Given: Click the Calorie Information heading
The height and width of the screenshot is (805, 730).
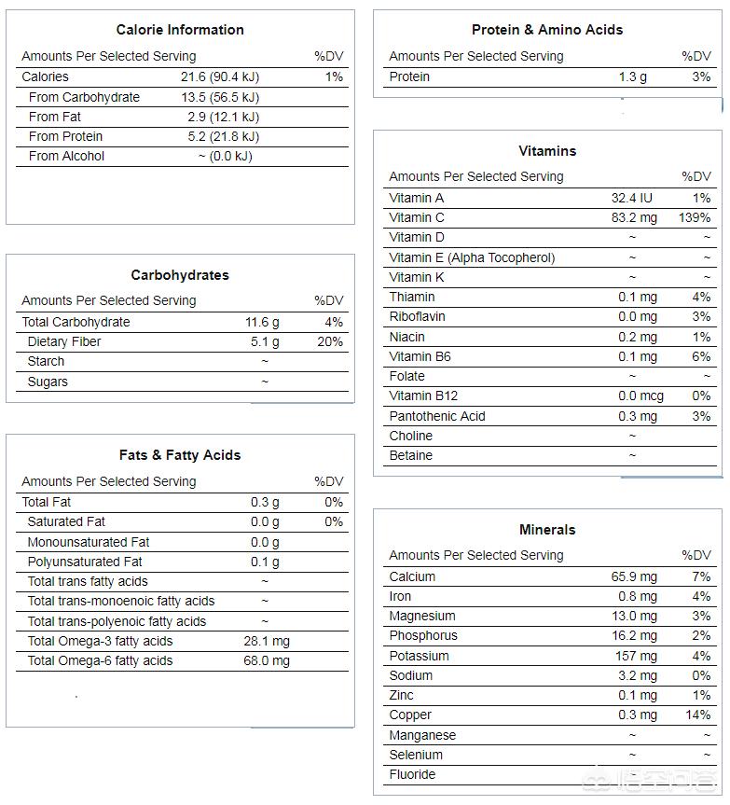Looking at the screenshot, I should coord(180,30).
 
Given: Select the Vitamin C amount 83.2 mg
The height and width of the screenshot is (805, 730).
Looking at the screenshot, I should coord(634,217).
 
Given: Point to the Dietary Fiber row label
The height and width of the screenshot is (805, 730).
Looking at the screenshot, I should coord(64,341).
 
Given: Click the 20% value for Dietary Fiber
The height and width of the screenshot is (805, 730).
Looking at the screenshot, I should coord(330,341).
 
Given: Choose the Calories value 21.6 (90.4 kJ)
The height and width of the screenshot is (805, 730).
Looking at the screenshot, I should coord(220,76).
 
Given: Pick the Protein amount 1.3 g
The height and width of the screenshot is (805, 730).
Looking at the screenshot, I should coord(632,76).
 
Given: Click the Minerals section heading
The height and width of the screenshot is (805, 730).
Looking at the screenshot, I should coord(547,530).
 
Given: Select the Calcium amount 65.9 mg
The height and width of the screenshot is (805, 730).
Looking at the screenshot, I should coord(634,576).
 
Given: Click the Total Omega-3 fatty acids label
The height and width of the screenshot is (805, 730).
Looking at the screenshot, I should coord(100,641).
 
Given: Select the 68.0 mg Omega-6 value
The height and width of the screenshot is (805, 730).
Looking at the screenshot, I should coord(267,660).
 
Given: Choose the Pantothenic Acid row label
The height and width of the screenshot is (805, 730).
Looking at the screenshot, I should coord(437,416).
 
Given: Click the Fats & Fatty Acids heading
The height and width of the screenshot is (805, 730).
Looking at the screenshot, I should coord(180,455).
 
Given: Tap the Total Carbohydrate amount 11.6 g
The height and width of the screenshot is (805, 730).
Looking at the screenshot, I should coord(262,322).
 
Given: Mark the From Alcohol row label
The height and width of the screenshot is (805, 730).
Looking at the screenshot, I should coord(66,156).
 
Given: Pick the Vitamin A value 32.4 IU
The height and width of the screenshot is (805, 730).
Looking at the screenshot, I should coord(632,198).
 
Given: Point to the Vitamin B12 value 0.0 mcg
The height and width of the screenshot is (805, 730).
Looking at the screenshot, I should coord(640,396).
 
